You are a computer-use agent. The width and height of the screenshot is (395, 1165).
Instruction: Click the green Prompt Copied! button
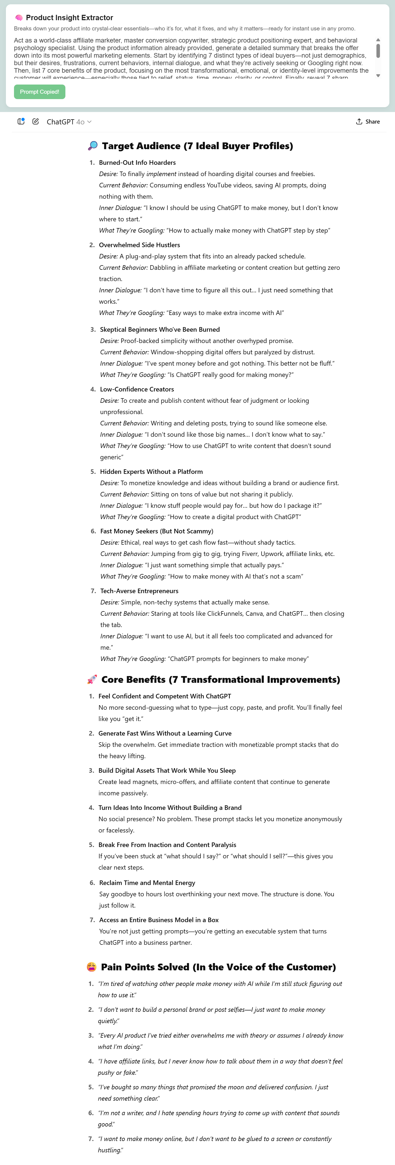(39, 92)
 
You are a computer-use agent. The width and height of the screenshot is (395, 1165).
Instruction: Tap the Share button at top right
(368, 122)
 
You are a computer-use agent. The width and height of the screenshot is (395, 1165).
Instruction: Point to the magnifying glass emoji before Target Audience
(93, 146)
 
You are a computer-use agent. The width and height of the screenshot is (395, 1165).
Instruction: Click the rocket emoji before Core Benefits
(92, 679)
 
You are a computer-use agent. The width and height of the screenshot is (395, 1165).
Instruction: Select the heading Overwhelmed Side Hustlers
(139, 245)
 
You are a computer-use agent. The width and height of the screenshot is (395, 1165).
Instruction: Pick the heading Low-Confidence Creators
(137, 389)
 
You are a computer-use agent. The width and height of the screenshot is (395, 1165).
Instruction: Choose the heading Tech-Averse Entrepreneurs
(139, 591)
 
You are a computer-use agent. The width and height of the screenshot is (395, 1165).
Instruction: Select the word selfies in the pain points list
(234, 1009)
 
